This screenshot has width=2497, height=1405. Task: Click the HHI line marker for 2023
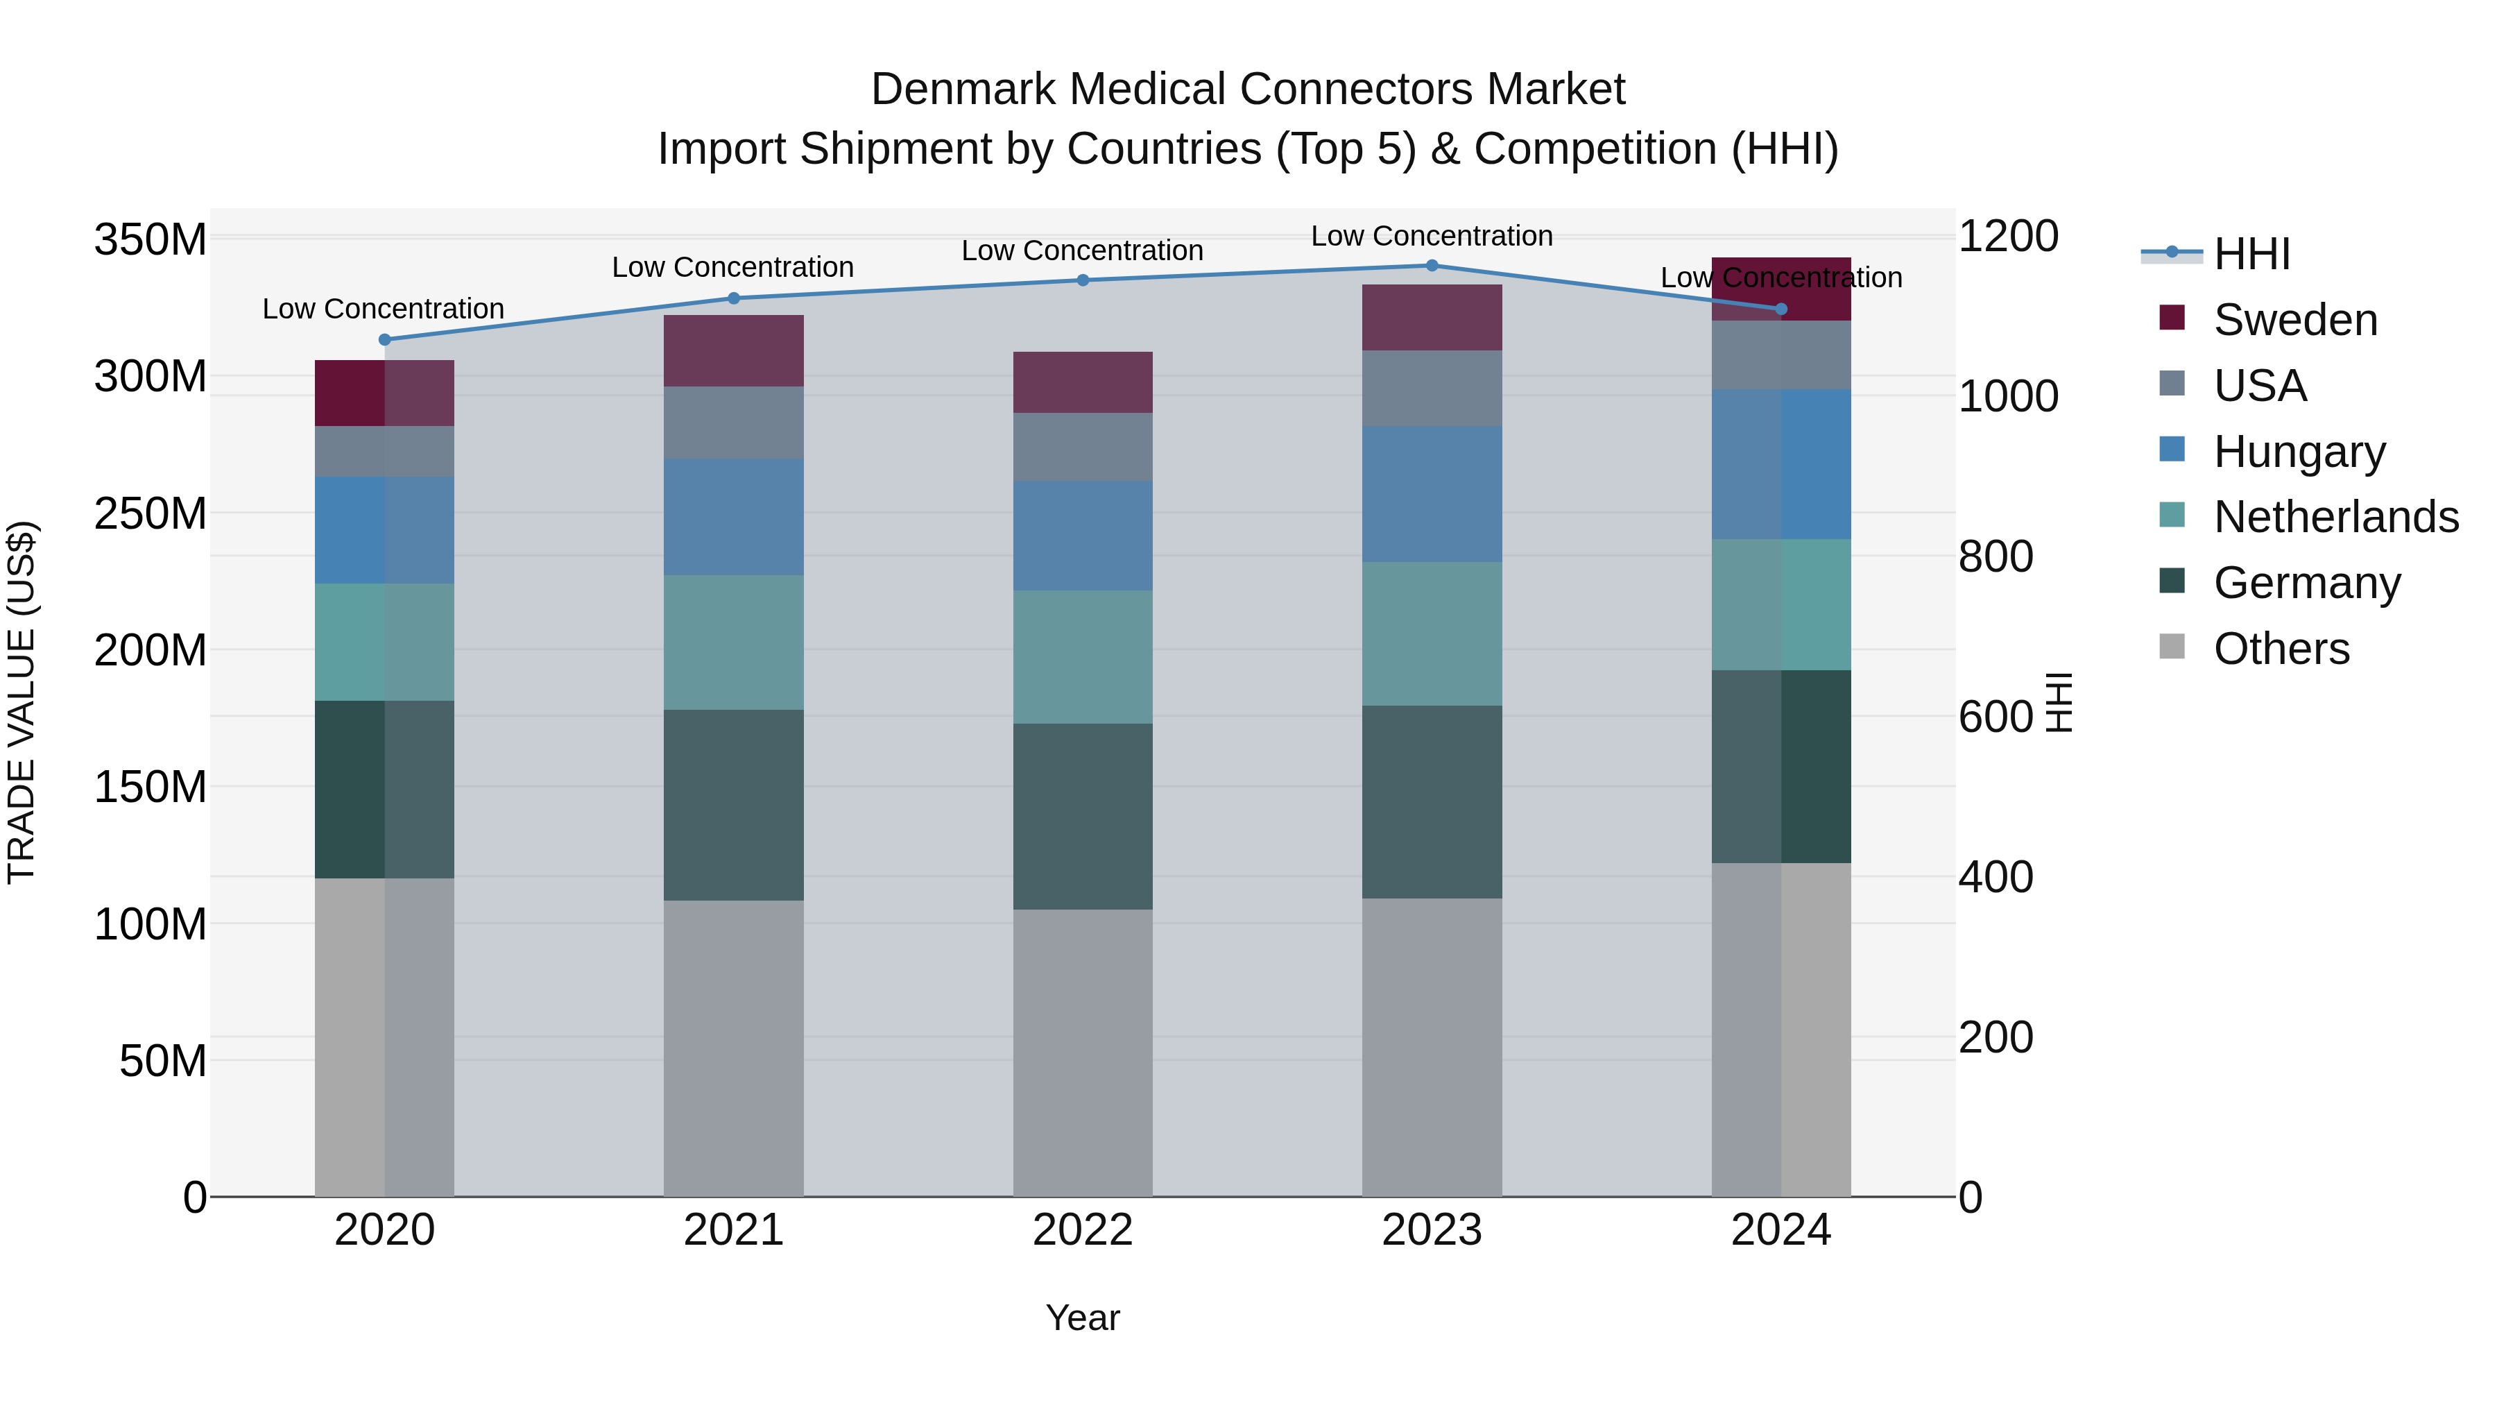pos(1432,266)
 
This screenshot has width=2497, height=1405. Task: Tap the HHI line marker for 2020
pos(385,339)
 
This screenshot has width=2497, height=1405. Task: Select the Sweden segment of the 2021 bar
pos(734,351)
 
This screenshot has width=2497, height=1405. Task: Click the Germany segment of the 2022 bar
pos(1083,817)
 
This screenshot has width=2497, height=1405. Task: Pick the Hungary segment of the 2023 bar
pos(1432,495)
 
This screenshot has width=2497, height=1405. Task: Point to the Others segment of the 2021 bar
pos(734,1048)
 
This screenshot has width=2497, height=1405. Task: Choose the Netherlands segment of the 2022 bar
pos(1083,658)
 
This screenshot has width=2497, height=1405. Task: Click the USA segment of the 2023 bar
pos(1432,389)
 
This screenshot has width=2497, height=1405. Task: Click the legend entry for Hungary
pos(2297,452)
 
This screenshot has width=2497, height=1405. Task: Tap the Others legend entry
pos(2280,649)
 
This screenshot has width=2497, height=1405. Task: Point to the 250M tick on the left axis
pos(151,513)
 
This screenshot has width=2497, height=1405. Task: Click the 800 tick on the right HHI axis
pos(1995,556)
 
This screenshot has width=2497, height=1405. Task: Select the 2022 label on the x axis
pos(1083,1230)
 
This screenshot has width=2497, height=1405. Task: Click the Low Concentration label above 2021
pos(733,268)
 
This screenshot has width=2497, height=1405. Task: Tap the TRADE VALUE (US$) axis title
pos(22,702)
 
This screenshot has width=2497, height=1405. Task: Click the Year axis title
pos(1083,1318)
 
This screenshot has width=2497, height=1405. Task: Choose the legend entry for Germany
pos(2305,583)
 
